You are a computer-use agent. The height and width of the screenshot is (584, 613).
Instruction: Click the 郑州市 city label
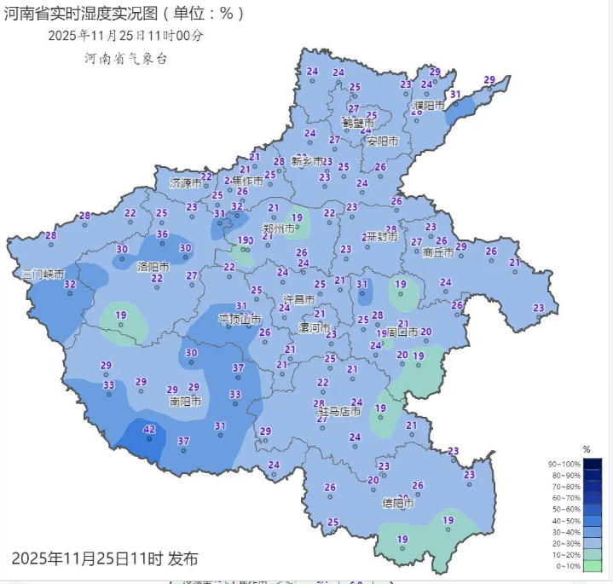pyautogui.click(x=279, y=229)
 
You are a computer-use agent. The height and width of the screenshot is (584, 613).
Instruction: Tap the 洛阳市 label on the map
pyautogui.click(x=153, y=267)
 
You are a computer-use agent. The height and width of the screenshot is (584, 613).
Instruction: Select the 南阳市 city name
pyautogui.click(x=185, y=401)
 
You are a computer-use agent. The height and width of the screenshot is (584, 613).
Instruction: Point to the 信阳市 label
pyautogui.click(x=398, y=503)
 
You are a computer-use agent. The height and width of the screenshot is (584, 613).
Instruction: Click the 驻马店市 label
pyautogui.click(x=339, y=412)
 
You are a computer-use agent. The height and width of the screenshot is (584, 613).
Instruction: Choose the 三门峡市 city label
pyautogui.click(x=43, y=275)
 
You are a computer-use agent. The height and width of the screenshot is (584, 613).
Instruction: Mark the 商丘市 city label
pyautogui.click(x=439, y=252)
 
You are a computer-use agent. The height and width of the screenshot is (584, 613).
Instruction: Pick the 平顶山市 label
pyautogui.click(x=239, y=319)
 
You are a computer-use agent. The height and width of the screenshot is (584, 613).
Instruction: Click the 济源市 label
pyautogui.click(x=185, y=183)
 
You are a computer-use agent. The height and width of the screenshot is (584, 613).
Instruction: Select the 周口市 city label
pyautogui.click(x=403, y=332)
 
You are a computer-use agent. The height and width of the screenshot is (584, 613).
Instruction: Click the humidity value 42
pyautogui.click(x=149, y=429)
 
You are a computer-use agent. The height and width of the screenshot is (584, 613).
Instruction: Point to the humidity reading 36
pyautogui.click(x=163, y=234)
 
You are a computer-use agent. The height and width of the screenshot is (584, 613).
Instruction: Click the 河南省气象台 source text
pyautogui.click(x=126, y=58)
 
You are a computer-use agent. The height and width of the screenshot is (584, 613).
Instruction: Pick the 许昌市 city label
pyautogui.click(x=298, y=301)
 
